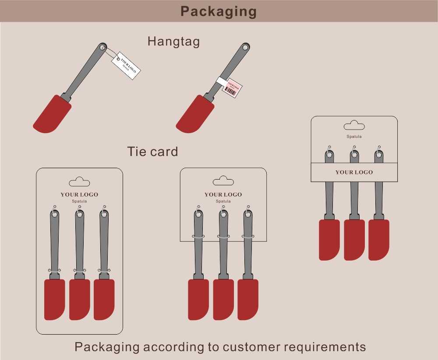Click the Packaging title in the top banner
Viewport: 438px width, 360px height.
click(x=219, y=11)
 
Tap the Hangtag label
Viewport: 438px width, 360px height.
click(x=173, y=42)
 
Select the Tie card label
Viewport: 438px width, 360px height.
click(x=152, y=152)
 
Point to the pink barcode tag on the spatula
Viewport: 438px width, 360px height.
click(x=231, y=88)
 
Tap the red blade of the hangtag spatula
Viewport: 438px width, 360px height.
click(x=52, y=115)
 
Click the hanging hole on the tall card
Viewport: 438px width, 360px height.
click(x=79, y=182)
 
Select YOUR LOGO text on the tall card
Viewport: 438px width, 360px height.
click(x=79, y=194)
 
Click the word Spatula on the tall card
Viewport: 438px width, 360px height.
click(x=79, y=201)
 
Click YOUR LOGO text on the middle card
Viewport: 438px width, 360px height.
click(x=223, y=194)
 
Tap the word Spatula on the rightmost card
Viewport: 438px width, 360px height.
click(x=354, y=137)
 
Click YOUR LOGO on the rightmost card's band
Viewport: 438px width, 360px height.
click(x=354, y=172)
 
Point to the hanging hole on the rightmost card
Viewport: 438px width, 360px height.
click(x=354, y=126)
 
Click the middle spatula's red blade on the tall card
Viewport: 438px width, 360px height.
click(x=80, y=299)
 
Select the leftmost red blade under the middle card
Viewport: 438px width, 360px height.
click(x=198, y=299)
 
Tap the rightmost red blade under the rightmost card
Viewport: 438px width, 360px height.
click(x=379, y=240)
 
